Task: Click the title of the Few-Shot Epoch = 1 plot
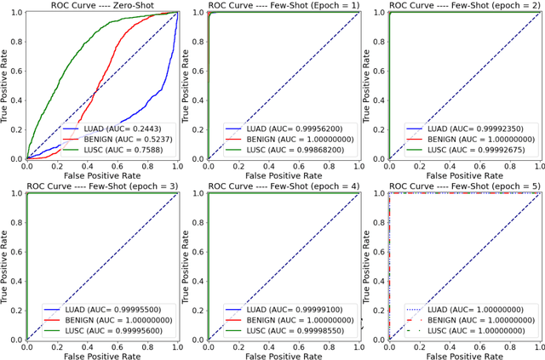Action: pyautogui.click(x=283, y=5)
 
